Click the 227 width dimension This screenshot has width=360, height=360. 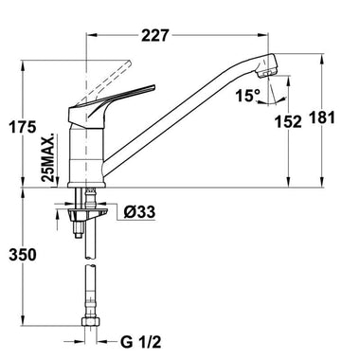point(155,35)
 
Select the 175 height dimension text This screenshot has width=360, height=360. point(23,128)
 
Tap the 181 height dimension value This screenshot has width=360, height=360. point(321,117)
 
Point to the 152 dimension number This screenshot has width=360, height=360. point(288,122)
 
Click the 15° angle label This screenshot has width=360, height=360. point(248,96)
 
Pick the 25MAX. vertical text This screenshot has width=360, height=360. point(48,157)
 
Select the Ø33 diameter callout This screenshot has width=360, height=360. point(139,211)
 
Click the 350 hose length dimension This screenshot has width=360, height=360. point(23,255)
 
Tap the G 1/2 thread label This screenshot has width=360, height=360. point(140,342)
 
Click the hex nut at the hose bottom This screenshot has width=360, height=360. point(90,321)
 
